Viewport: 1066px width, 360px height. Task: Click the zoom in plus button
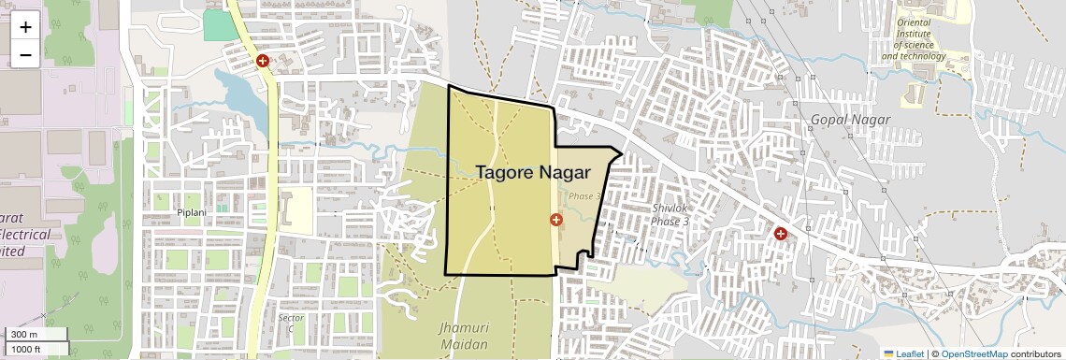pos(25,27)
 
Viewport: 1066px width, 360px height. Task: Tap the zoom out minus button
pos(25,54)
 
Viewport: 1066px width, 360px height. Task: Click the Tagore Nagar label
pos(532,172)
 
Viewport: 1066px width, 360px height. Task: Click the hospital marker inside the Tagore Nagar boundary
pos(556,220)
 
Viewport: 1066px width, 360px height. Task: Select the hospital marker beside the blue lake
pos(263,61)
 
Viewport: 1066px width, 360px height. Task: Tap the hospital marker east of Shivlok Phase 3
pos(780,233)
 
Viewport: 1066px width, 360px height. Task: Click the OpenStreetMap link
pos(973,353)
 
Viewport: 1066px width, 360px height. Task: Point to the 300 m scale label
pos(24,335)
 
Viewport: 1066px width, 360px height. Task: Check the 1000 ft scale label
pos(28,349)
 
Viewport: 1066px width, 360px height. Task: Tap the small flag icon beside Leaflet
pos(888,353)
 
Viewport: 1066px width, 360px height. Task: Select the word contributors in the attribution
pos(1035,353)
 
